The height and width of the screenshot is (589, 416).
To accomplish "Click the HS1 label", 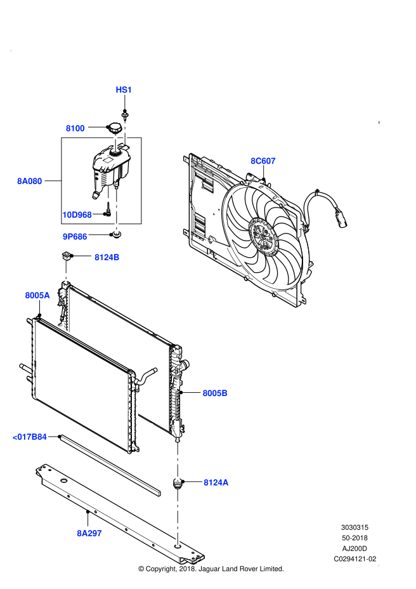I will tap(124, 90).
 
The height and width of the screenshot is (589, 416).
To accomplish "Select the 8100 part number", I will tap(75, 128).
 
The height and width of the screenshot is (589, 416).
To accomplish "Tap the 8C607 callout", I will tap(263, 161).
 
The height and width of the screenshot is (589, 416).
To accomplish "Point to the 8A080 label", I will tap(29, 182).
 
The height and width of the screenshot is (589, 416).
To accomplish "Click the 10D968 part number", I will tap(77, 215).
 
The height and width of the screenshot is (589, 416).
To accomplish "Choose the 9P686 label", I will tap(75, 237).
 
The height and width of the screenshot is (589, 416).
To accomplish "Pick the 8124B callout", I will tap(107, 258).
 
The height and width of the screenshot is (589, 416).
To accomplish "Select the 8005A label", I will tap(37, 296).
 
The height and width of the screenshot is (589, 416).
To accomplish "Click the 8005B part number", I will tap(215, 394).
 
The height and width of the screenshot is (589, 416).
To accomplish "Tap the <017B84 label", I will tap(29, 437).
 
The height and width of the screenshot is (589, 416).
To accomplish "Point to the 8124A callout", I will tap(216, 483).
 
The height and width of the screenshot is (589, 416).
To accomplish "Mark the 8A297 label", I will tap(89, 534).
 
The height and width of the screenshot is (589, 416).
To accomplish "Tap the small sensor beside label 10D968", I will tap(107, 213).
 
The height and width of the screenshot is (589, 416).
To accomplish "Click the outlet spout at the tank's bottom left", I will tap(96, 194).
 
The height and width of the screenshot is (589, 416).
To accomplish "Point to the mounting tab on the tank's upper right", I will tap(124, 147).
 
